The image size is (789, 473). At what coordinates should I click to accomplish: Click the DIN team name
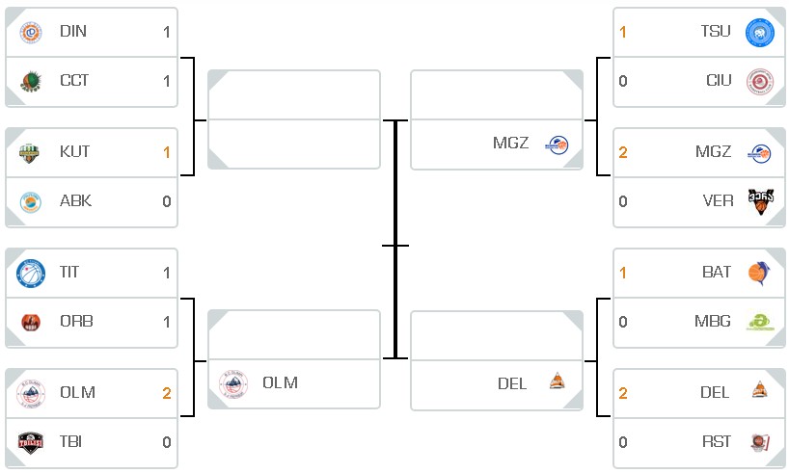coord(73,31)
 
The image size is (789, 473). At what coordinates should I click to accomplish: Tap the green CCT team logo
coord(30,82)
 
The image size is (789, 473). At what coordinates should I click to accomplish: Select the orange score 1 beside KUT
coord(167,152)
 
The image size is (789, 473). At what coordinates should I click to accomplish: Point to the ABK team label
coord(75,200)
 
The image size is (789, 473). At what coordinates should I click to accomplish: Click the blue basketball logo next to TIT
coord(31,274)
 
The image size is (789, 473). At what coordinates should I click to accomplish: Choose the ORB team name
coord(76,321)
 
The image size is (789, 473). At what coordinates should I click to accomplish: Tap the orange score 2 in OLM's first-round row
coord(167,393)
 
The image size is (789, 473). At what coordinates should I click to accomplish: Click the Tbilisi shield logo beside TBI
coord(31,442)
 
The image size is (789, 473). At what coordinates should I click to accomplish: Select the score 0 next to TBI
coord(167,442)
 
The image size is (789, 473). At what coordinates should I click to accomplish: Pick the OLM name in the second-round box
coord(281,382)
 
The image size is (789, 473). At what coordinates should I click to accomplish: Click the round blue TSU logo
coord(760,33)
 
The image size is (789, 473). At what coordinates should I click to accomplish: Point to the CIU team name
coord(719,80)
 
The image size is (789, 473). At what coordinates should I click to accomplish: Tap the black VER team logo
coord(760,201)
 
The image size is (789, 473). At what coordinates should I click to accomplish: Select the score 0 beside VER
coord(623,201)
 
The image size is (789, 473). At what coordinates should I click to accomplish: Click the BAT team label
coord(717,272)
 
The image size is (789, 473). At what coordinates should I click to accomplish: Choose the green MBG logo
coord(760,322)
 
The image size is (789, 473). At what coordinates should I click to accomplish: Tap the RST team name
coord(717,441)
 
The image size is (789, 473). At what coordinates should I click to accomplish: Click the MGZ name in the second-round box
coord(511,143)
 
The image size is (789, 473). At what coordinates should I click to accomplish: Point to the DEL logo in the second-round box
coord(558,381)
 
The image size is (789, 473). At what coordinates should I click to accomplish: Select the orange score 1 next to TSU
coord(623,32)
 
